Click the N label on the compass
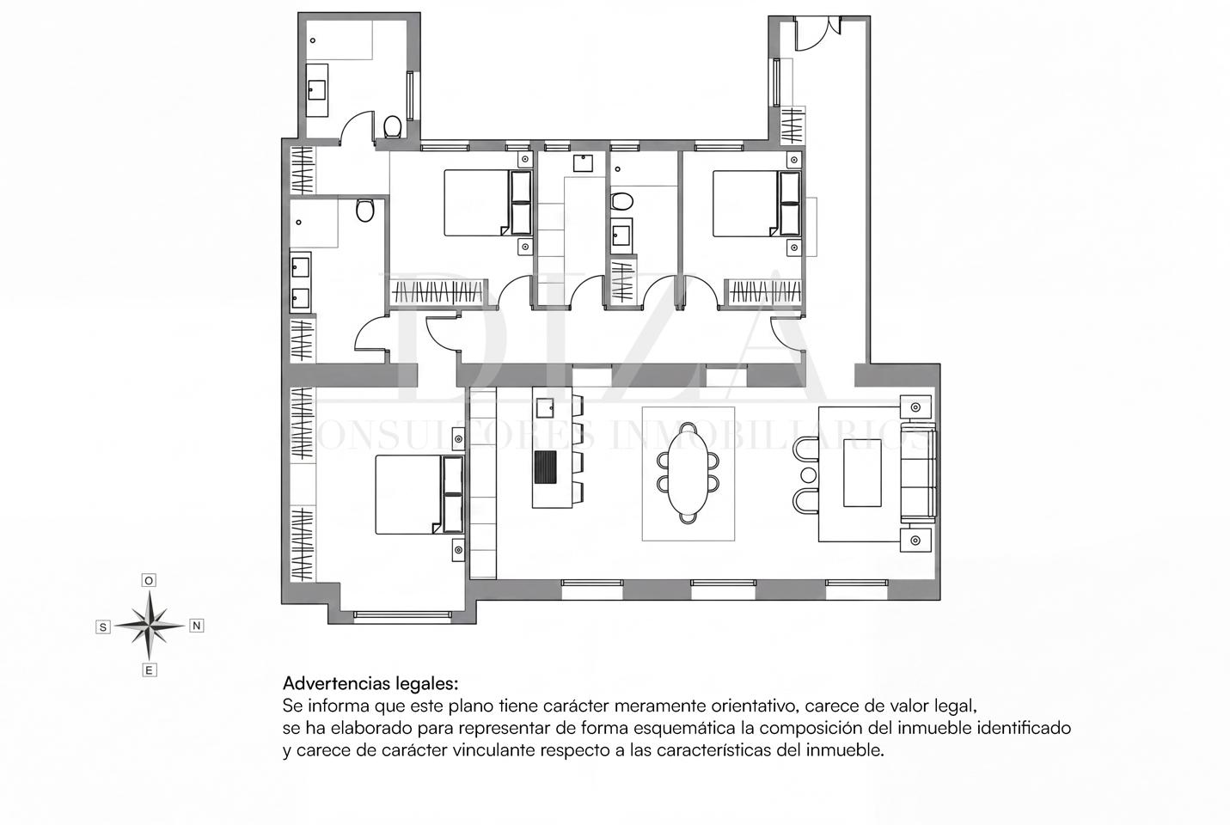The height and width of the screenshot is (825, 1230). pyautogui.click(x=196, y=626)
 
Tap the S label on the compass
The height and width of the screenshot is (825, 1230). pyautogui.click(x=102, y=626)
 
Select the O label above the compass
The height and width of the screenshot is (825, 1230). pyautogui.click(x=149, y=580)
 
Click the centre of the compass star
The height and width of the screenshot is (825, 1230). pyautogui.click(x=150, y=626)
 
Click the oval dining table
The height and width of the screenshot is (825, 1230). pyautogui.click(x=688, y=473)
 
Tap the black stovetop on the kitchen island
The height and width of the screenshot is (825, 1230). pyautogui.click(x=545, y=467)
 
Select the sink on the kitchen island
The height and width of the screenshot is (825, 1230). pyautogui.click(x=545, y=408)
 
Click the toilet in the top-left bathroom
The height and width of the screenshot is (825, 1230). pyautogui.click(x=392, y=126)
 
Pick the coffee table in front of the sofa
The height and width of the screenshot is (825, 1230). pyautogui.click(x=862, y=473)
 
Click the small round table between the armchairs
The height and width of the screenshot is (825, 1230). pyautogui.click(x=808, y=474)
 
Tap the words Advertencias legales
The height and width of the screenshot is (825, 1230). pyautogui.click(x=370, y=683)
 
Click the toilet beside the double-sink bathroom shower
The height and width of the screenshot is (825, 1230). pyautogui.click(x=365, y=211)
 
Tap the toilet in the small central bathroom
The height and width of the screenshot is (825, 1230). pyautogui.click(x=622, y=201)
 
